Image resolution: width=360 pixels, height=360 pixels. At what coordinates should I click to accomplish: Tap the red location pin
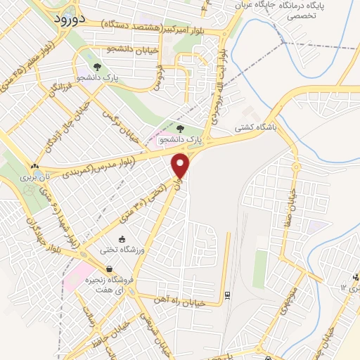tap(181, 165)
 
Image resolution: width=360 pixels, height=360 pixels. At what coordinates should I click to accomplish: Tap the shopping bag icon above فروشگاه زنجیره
tap(110, 269)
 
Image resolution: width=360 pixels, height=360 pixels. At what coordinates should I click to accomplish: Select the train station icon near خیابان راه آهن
tap(227, 294)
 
